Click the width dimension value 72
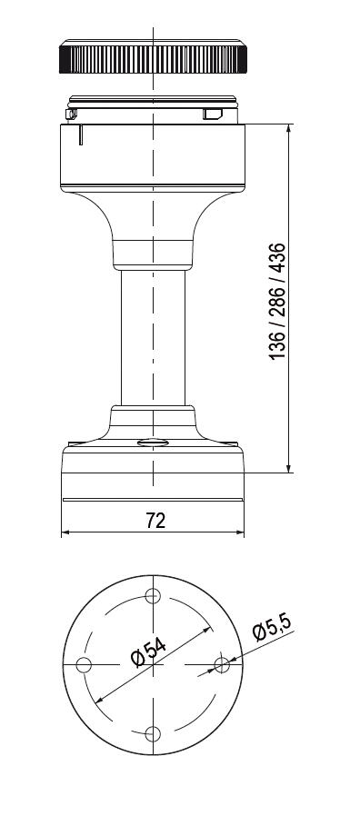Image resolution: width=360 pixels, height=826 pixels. coord(155,521)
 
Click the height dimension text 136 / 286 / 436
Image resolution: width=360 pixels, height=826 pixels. coord(277,302)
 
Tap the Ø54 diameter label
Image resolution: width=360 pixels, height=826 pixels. coord(149,652)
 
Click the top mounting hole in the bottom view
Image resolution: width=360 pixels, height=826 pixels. coord(153,596)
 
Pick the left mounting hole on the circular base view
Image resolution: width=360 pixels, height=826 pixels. coord(84,665)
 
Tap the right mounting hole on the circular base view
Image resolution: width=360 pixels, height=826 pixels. coord(222,665)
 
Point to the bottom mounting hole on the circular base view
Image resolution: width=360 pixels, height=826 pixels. coord(153,734)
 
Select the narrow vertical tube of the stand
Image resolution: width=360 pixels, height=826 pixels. coord(153,338)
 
